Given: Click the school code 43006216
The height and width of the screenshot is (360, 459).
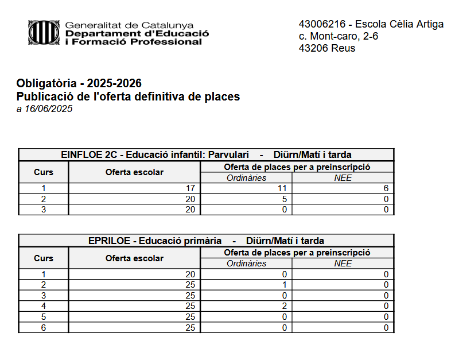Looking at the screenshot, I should click(x=322, y=24).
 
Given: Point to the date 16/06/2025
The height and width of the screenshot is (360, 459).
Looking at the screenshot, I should click(x=48, y=109).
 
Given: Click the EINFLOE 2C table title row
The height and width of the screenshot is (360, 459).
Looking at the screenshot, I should click(x=206, y=154).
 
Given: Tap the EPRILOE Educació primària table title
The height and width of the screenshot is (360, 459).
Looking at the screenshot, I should click(x=206, y=241).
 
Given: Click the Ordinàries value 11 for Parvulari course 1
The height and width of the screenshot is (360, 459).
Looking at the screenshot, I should click(x=281, y=188).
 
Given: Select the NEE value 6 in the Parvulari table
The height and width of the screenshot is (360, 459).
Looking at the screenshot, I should click(x=386, y=188).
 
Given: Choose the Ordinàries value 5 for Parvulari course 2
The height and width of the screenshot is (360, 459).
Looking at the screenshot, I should click(x=283, y=199).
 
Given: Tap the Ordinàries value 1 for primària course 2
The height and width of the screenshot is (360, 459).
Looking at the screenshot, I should click(x=284, y=285).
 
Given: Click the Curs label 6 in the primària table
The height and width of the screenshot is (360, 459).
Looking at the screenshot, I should click(x=44, y=328).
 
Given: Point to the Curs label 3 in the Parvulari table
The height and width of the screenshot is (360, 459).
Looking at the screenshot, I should click(x=44, y=210).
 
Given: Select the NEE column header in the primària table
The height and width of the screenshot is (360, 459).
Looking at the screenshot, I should click(x=343, y=264).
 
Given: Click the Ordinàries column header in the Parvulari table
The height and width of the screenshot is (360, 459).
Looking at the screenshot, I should click(x=246, y=177).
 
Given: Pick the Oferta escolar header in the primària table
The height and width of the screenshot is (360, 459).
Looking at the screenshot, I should click(x=134, y=258).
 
